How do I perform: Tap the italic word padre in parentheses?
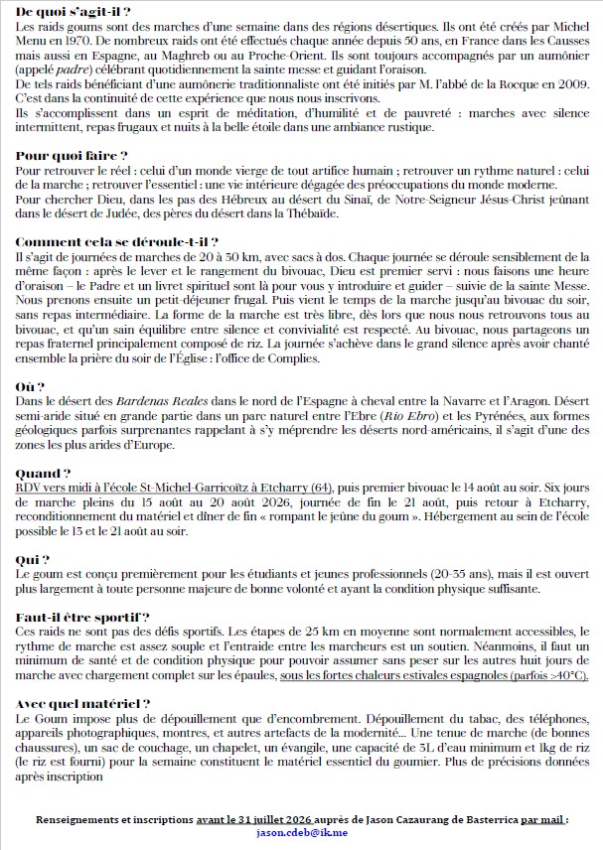point(78,71)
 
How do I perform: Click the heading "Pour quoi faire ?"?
point(73,156)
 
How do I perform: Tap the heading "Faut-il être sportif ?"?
point(83,618)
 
